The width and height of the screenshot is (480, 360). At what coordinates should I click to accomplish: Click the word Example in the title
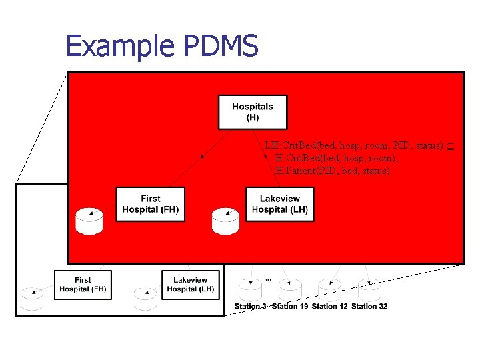coord(117,47)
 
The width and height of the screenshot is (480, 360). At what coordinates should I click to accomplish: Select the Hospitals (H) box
coord(253,112)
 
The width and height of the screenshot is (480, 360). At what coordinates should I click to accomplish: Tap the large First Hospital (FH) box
coord(151,204)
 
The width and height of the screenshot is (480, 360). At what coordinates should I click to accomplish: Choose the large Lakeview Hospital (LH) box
coord(280,204)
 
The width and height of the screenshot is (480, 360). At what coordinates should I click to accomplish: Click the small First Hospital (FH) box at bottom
coord(83,285)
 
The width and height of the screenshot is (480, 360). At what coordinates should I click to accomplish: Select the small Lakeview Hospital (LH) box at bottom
coord(190,285)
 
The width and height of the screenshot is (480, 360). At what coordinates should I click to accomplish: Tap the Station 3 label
coord(251,307)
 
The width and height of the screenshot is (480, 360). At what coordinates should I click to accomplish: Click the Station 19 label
coord(290,307)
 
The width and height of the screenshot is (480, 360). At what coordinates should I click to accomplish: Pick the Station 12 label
coord(329,307)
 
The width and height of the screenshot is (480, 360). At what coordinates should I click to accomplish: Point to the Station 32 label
coord(369,307)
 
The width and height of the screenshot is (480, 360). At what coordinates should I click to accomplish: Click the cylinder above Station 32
coord(369,289)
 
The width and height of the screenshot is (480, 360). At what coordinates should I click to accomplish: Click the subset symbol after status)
coord(450,145)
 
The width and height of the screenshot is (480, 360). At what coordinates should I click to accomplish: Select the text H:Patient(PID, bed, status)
coord(332,171)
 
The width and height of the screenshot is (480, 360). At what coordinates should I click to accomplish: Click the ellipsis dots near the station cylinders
coord(268,279)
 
